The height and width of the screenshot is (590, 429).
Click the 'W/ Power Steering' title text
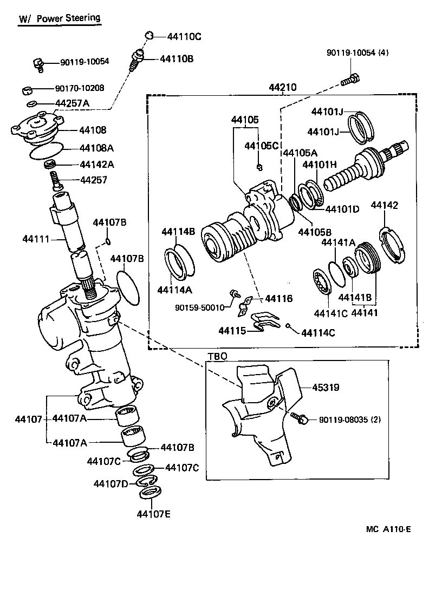(60, 19)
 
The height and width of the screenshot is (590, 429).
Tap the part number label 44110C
(184, 37)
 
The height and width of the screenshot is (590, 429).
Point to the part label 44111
(35, 239)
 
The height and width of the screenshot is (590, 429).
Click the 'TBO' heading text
(217, 356)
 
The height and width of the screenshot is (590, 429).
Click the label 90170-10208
(80, 88)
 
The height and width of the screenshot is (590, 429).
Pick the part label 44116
(278, 298)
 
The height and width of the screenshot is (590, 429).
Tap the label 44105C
(261, 146)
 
